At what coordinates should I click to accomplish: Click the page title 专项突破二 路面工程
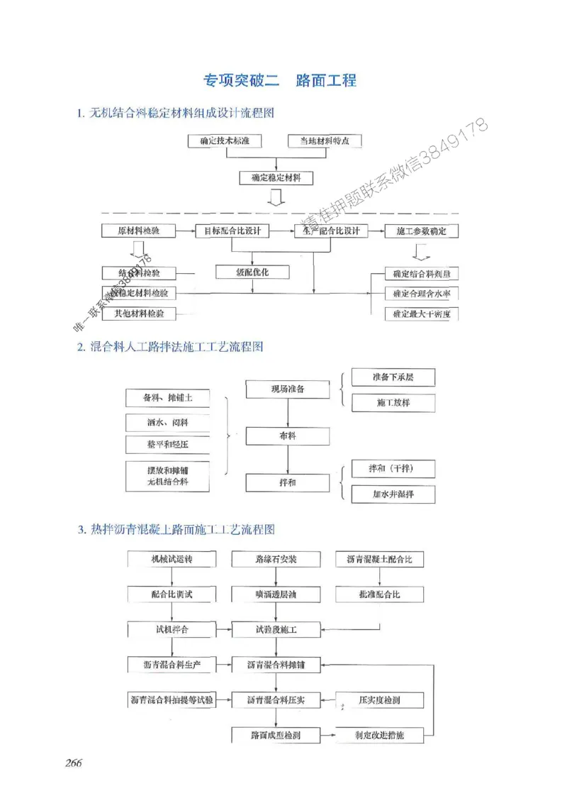tap(279, 80)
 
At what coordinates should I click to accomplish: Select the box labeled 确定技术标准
tap(225, 141)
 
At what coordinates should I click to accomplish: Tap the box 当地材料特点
tap(324, 141)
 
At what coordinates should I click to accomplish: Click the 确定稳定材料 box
tap(276, 177)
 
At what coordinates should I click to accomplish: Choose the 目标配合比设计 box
tap(232, 231)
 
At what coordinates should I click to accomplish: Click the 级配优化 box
tap(253, 272)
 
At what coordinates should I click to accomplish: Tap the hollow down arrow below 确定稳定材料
tap(276, 197)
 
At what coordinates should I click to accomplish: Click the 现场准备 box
tap(288, 389)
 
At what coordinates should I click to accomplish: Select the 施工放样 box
tap(393, 402)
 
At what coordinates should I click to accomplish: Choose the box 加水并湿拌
tap(393, 493)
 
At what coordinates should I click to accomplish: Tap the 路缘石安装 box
tap(276, 559)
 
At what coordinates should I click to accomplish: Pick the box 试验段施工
tap(276, 629)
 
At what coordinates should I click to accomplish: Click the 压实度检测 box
tap(379, 700)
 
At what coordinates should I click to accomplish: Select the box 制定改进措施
tap(379, 735)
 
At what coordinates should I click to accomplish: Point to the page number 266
tap(74, 763)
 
